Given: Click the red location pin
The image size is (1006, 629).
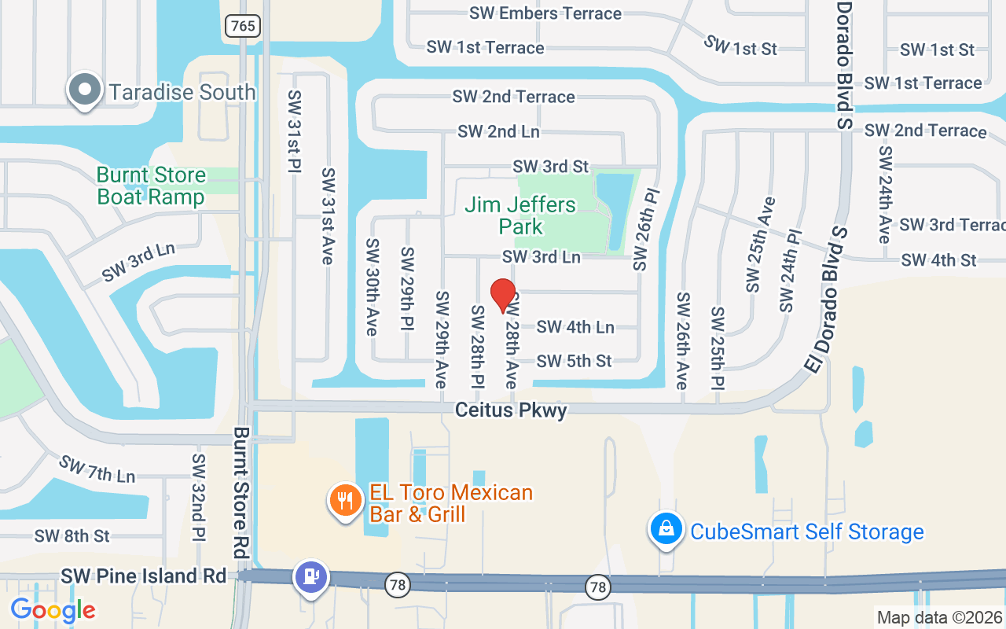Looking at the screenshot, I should (x=503, y=296).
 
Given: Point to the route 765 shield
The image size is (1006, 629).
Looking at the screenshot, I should (x=243, y=25).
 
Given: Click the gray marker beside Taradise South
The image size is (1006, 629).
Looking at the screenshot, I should (x=85, y=91).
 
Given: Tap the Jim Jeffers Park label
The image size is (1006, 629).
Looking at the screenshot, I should (x=520, y=215).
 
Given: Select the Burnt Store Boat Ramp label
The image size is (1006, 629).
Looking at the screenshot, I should (x=151, y=186).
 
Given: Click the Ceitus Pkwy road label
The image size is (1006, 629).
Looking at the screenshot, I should (x=511, y=410).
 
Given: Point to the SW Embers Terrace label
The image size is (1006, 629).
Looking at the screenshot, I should (x=545, y=13).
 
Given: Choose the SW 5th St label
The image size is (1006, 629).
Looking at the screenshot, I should (x=574, y=361).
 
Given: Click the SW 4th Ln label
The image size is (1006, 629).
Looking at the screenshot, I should (x=575, y=326).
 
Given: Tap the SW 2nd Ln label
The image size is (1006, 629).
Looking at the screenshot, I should (x=498, y=131).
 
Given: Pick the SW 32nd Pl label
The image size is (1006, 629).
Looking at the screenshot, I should (x=199, y=497).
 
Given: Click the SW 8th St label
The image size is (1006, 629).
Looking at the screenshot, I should (x=72, y=536).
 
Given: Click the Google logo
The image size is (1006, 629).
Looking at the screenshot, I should (x=53, y=610).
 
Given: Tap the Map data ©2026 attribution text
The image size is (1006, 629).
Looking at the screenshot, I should (x=940, y=618).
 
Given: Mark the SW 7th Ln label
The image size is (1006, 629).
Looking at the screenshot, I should (x=97, y=469).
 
